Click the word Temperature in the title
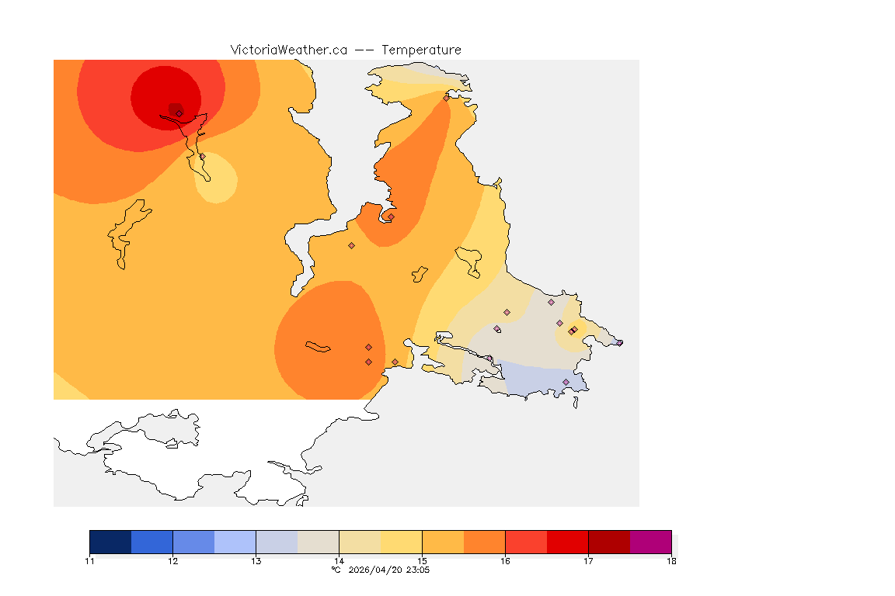click(x=421, y=50)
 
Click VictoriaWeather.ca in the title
click(x=288, y=50)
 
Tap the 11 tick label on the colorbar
click(x=90, y=560)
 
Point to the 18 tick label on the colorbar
click(x=670, y=560)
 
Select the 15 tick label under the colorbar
click(x=422, y=560)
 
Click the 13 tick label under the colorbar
click(x=256, y=560)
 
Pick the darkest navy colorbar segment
click(x=110, y=542)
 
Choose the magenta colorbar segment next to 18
click(x=650, y=542)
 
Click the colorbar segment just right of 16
click(x=526, y=542)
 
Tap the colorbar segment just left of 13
click(x=235, y=542)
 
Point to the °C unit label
click(x=336, y=570)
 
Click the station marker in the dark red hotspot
click(x=179, y=113)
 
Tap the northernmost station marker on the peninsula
click(x=446, y=98)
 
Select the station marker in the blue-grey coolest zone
click(x=566, y=382)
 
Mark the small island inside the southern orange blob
click(x=318, y=346)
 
